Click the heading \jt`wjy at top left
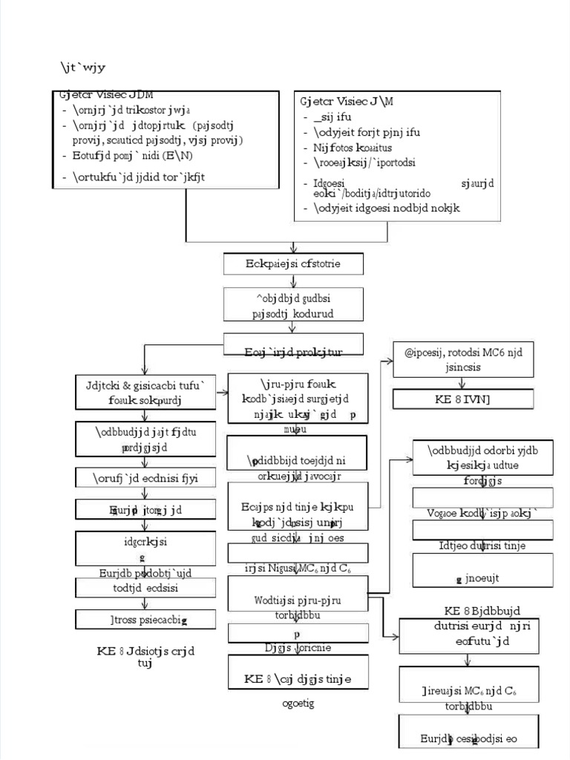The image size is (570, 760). click(x=83, y=68)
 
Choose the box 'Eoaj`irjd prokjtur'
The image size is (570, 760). click(x=293, y=345)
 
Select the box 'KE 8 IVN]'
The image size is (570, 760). click(x=463, y=400)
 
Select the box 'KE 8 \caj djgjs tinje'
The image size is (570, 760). click(x=298, y=678)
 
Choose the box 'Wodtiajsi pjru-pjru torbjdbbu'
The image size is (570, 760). click(x=298, y=600)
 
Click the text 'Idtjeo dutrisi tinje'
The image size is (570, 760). click(x=482, y=546)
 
